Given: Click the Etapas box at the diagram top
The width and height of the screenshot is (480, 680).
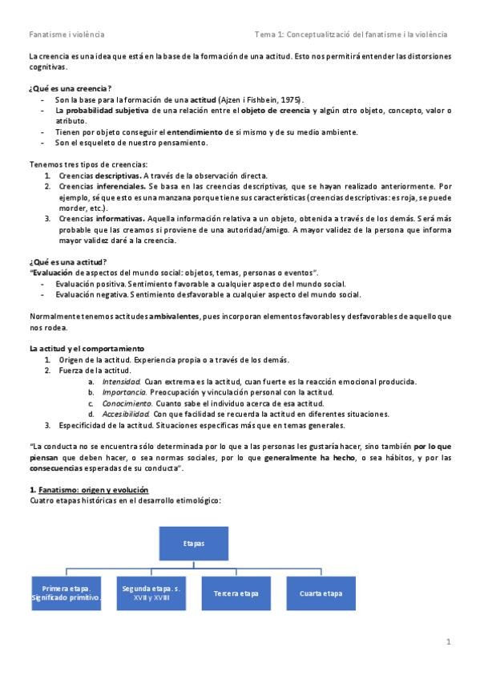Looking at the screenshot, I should click(x=193, y=543).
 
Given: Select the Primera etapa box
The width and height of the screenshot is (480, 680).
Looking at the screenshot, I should click(x=67, y=593).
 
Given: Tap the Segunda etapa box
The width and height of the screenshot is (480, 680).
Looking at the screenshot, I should click(x=151, y=593).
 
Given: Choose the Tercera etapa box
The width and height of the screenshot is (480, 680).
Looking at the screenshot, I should click(x=236, y=593).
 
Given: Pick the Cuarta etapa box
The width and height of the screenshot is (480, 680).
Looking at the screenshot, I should click(x=321, y=593).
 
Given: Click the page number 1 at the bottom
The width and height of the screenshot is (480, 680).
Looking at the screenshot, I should click(x=449, y=642).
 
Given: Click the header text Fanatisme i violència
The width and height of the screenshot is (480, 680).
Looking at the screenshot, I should click(x=67, y=34).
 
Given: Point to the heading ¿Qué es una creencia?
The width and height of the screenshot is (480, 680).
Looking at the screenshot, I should click(x=70, y=87).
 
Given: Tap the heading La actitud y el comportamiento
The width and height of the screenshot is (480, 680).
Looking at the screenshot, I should click(x=87, y=349).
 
